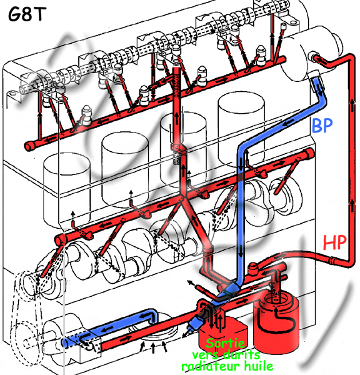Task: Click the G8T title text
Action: [x=27, y=14]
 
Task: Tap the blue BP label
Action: [x=322, y=125]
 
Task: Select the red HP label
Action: [x=334, y=242]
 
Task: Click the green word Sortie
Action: [x=226, y=343]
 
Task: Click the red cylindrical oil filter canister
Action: [x=276, y=323]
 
